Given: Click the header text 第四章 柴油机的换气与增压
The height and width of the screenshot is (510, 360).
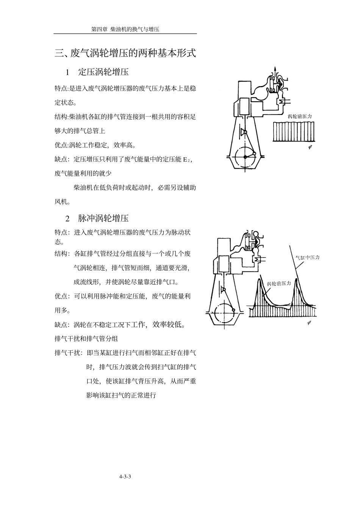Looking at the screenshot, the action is click(125, 29).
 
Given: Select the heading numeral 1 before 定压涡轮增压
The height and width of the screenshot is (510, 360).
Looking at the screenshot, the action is click(67, 72).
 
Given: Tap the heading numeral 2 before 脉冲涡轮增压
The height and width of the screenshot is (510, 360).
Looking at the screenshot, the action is click(67, 218).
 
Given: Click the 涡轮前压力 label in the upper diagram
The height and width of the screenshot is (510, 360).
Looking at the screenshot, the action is click(300, 116).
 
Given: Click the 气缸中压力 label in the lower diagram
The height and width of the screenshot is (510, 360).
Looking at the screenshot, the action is click(307, 257).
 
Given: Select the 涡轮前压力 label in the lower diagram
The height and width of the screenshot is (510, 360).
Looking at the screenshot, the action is click(279, 284).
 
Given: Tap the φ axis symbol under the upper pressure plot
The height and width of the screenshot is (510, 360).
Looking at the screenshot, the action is click(310, 147).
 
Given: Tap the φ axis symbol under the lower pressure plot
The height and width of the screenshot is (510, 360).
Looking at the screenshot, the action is click(309, 323).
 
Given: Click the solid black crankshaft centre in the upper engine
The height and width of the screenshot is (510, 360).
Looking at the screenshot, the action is click(245, 157).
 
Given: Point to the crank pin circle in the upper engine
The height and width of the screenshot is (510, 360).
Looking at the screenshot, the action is click(254, 154).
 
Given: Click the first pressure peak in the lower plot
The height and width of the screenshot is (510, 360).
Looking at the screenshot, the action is click(259, 279).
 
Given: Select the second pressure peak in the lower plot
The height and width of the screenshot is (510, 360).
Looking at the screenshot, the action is click(296, 279).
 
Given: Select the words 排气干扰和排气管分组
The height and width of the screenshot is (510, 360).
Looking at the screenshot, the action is click(86, 339).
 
